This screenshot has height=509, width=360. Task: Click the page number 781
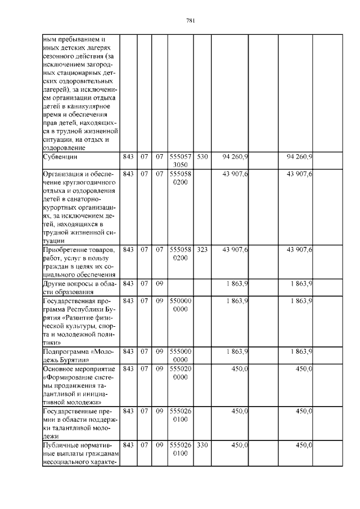pyautogui.click(x=190, y=21)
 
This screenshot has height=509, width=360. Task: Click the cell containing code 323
pyautogui.click(x=202, y=249)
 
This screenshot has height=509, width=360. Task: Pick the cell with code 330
pyautogui.click(x=202, y=445)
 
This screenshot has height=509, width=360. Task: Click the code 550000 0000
pyautogui.click(x=181, y=305)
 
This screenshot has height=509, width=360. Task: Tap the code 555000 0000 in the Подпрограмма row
pyautogui.click(x=181, y=355)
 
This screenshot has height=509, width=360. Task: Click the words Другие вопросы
pyautogui.click(x=67, y=283)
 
